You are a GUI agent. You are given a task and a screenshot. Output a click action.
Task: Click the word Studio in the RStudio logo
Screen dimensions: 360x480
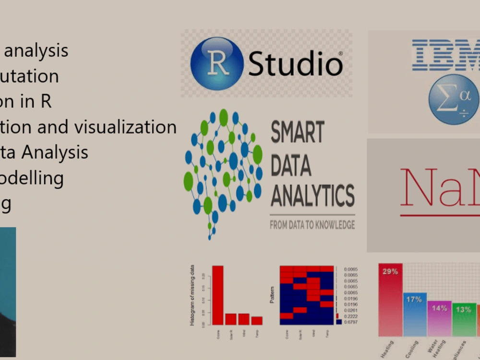(x=295, y=64)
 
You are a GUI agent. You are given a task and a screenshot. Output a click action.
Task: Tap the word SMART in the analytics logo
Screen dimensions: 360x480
(x=298, y=132)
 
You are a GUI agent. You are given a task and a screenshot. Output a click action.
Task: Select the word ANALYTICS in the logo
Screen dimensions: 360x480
(x=312, y=196)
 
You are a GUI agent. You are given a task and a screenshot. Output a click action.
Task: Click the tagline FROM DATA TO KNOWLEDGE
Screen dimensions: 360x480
(x=312, y=225)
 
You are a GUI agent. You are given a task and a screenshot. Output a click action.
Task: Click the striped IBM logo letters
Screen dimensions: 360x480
(x=446, y=55)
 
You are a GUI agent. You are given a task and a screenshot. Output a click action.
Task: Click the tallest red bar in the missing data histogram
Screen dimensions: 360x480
(x=218, y=295)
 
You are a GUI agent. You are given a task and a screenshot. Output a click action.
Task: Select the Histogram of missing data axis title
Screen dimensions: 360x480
(x=192, y=296)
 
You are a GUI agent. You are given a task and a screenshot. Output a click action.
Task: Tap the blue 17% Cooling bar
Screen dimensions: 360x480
(x=415, y=314)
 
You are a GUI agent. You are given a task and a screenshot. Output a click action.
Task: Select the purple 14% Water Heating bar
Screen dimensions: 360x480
(x=439, y=319)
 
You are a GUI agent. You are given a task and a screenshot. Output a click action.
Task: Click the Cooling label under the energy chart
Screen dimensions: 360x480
(x=412, y=348)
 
